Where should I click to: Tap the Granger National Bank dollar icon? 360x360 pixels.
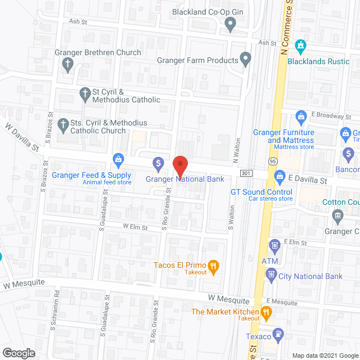pos(159,163)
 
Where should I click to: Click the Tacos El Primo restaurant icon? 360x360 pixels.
pos(213,265)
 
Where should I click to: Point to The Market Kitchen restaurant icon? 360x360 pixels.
pos(267,312)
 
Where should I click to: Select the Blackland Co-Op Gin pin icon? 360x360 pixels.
pos(229,24)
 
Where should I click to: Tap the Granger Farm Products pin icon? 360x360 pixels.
pos(245,57)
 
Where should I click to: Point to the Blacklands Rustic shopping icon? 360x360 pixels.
pos(300,44)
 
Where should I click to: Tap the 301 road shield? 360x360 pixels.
pos(246,173)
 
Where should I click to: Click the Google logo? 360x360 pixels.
pos(19,353)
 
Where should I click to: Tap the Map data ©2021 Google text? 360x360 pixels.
pos(325,355)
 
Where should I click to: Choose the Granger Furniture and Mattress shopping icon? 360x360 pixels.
pos(301,118)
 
